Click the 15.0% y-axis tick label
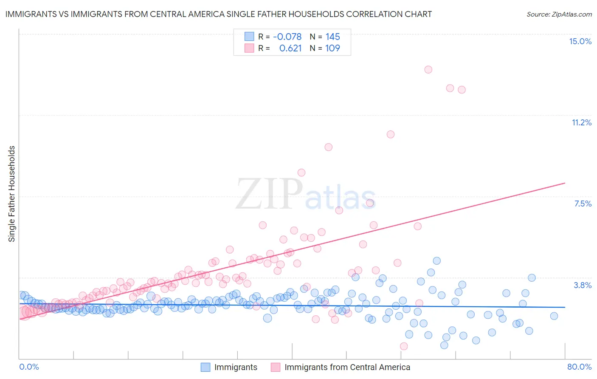coord(580,41)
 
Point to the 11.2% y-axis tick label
coord(581,122)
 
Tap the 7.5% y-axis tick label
coord(583,204)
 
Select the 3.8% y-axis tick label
coord(583,285)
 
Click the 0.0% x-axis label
coord(29,367)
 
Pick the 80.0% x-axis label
coord(579,367)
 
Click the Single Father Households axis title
coord(12,194)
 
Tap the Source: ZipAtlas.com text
coord(559,14)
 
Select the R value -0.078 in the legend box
coord(287,37)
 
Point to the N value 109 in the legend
coord(332,48)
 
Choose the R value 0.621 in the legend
coord(290,48)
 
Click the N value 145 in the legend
coord(332,37)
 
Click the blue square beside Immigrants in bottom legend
coord(206,367)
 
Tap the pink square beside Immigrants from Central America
coord(276,367)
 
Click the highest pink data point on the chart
coord(428,70)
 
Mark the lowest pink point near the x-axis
coord(404,346)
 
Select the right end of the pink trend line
coord(565,183)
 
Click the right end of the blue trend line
coord(565,307)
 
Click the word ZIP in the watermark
coord(269,194)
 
